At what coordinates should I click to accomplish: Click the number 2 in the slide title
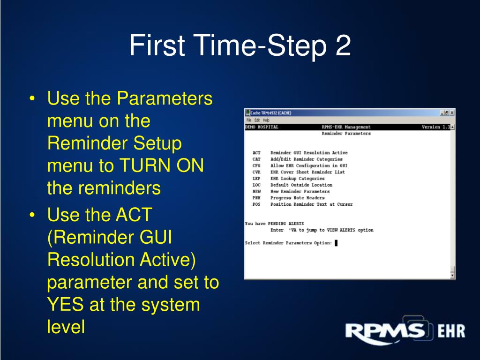(343, 47)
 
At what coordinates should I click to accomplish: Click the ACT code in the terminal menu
(256, 153)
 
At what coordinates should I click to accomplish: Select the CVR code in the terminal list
(256, 172)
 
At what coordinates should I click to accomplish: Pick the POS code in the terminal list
(256, 204)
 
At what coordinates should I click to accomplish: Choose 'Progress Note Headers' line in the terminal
(297, 198)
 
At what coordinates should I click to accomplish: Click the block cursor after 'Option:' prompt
(336, 243)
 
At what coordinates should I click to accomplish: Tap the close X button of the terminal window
(452, 112)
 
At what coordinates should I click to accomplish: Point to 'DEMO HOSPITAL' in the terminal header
(262, 127)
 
